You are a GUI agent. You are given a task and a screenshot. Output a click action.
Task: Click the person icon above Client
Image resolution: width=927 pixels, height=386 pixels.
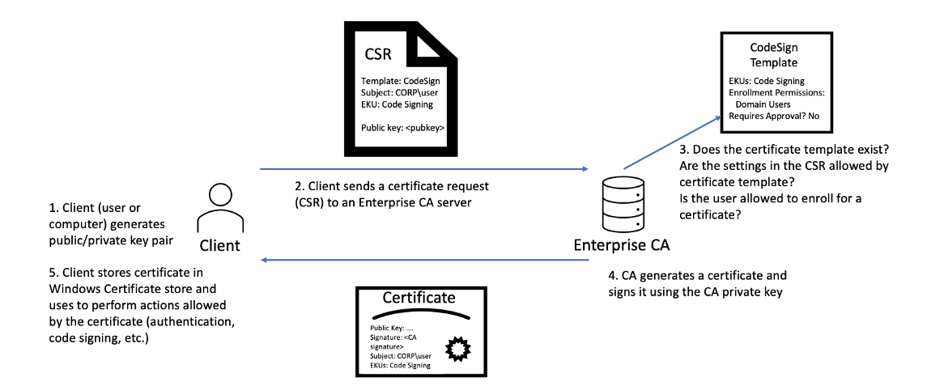point(219,208)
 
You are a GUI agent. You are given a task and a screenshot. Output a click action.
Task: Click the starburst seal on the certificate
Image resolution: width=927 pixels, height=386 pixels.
point(460,350)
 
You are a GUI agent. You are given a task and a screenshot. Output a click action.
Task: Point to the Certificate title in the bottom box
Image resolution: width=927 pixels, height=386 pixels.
point(419,298)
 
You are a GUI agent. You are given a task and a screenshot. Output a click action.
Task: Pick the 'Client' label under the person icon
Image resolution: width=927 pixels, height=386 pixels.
point(219,245)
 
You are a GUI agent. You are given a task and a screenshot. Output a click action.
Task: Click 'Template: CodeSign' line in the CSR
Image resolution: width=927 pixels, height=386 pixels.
point(400,82)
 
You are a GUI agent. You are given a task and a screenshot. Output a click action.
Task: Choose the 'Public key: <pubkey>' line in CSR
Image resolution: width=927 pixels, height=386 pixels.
point(403,128)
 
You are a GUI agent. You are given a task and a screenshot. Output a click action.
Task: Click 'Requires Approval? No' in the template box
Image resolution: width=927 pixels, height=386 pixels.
point(774,116)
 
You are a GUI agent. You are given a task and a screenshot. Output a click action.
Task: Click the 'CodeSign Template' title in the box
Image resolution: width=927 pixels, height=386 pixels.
point(773,55)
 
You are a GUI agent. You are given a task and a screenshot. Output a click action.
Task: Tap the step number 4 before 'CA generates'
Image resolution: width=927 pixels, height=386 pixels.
point(612,276)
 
